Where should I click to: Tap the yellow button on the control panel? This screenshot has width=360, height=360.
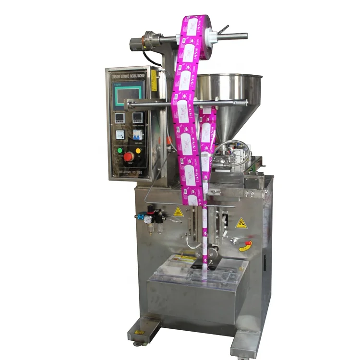138,150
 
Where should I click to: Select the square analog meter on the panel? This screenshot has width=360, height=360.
120,134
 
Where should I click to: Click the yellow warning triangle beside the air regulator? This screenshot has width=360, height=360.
179,212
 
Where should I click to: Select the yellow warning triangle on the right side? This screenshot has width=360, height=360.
241,223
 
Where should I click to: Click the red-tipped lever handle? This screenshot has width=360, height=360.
246,243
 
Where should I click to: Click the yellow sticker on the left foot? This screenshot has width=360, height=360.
139,332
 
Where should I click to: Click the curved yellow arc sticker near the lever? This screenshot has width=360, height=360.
245,249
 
